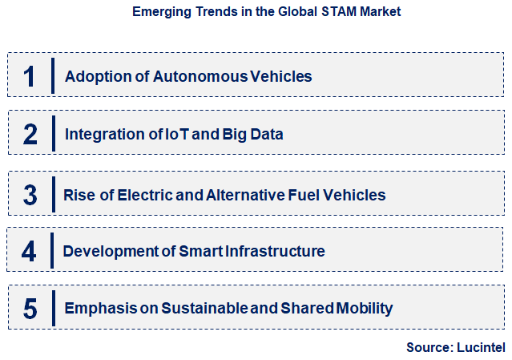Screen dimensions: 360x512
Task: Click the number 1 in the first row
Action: point(30,76)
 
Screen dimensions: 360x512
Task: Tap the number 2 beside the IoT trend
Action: point(30,134)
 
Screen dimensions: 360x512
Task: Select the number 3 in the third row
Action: point(30,195)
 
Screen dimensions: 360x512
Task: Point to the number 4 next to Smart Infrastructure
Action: point(29,251)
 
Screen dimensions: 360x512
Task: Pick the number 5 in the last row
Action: point(30,309)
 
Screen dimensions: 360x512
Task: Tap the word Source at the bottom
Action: point(427,347)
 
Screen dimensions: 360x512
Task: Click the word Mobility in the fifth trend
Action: point(365,309)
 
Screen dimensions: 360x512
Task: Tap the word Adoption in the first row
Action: point(92,77)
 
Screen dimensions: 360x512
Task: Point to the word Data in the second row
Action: point(266,134)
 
